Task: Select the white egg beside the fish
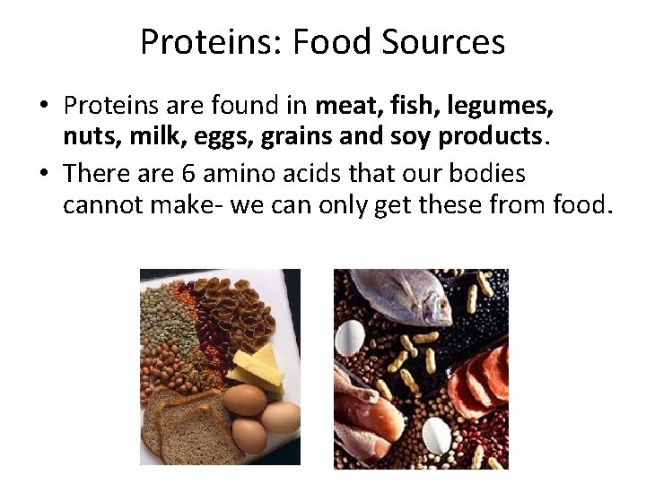[351, 337]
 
